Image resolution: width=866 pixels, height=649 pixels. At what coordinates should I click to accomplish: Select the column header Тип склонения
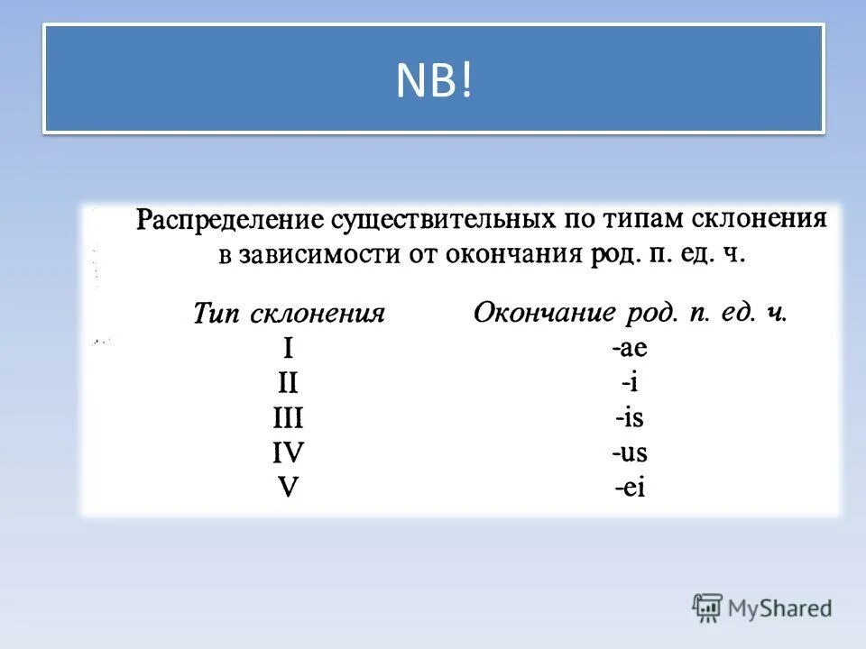tap(289, 314)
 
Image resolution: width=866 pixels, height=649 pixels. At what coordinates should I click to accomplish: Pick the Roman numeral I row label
tap(289, 349)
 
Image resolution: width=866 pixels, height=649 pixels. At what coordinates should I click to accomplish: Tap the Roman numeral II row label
tap(289, 384)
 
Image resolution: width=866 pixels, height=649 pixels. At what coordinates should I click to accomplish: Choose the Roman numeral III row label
tap(289, 419)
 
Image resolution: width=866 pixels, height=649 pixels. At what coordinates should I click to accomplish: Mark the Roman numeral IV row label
tap(289, 453)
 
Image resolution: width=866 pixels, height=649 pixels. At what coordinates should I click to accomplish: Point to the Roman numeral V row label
tap(289, 488)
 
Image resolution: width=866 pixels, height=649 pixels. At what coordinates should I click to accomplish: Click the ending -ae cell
tap(630, 349)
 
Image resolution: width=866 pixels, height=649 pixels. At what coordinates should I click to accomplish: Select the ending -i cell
tap(630, 383)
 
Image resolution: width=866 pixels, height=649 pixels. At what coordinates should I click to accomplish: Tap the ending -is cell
tap(630, 418)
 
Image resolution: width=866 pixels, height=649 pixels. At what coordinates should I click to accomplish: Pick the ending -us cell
tap(630, 452)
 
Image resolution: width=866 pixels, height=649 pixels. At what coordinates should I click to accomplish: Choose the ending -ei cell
tap(630, 488)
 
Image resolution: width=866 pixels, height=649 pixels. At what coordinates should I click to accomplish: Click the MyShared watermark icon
tap(708, 608)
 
